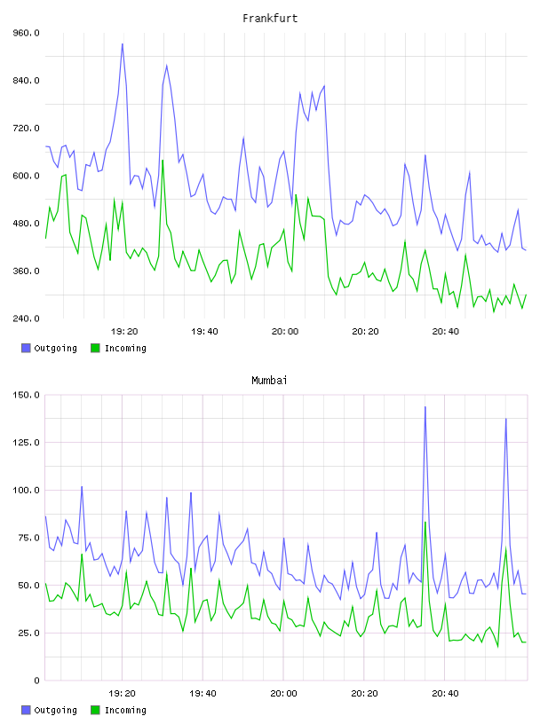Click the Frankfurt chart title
(270, 19)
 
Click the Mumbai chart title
(269, 381)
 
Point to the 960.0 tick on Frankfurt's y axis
(26, 33)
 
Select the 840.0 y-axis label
(26, 81)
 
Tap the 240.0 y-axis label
(26, 319)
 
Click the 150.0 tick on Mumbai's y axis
(26, 395)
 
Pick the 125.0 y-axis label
(26, 443)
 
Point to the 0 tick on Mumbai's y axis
(37, 681)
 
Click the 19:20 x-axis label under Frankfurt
(124, 332)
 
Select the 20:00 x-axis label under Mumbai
(284, 694)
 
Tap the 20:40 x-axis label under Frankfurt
(446, 332)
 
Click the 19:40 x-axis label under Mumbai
(203, 694)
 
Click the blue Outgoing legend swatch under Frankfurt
(26, 348)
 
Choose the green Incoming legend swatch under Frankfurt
(95, 348)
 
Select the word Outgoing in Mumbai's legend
(55, 710)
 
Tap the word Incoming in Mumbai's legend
(125, 710)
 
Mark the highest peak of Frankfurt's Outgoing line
(122, 43)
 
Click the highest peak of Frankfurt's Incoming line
(163, 161)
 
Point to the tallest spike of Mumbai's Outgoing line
(425, 406)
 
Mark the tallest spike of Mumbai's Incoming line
(425, 523)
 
